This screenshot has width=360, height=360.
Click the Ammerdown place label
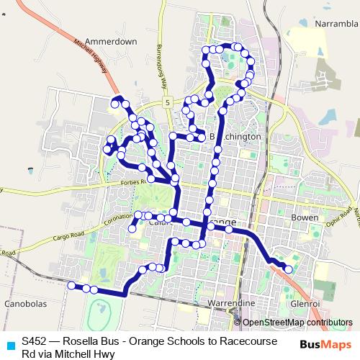[x=111, y=42]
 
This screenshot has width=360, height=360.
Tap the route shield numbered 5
[x=167, y=104]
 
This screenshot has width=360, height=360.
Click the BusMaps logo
[x=322, y=343]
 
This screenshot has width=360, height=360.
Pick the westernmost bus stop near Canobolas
[x=71, y=286]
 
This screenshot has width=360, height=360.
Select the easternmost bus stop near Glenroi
[x=289, y=269]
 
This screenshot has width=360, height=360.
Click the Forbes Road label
[x=131, y=182]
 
